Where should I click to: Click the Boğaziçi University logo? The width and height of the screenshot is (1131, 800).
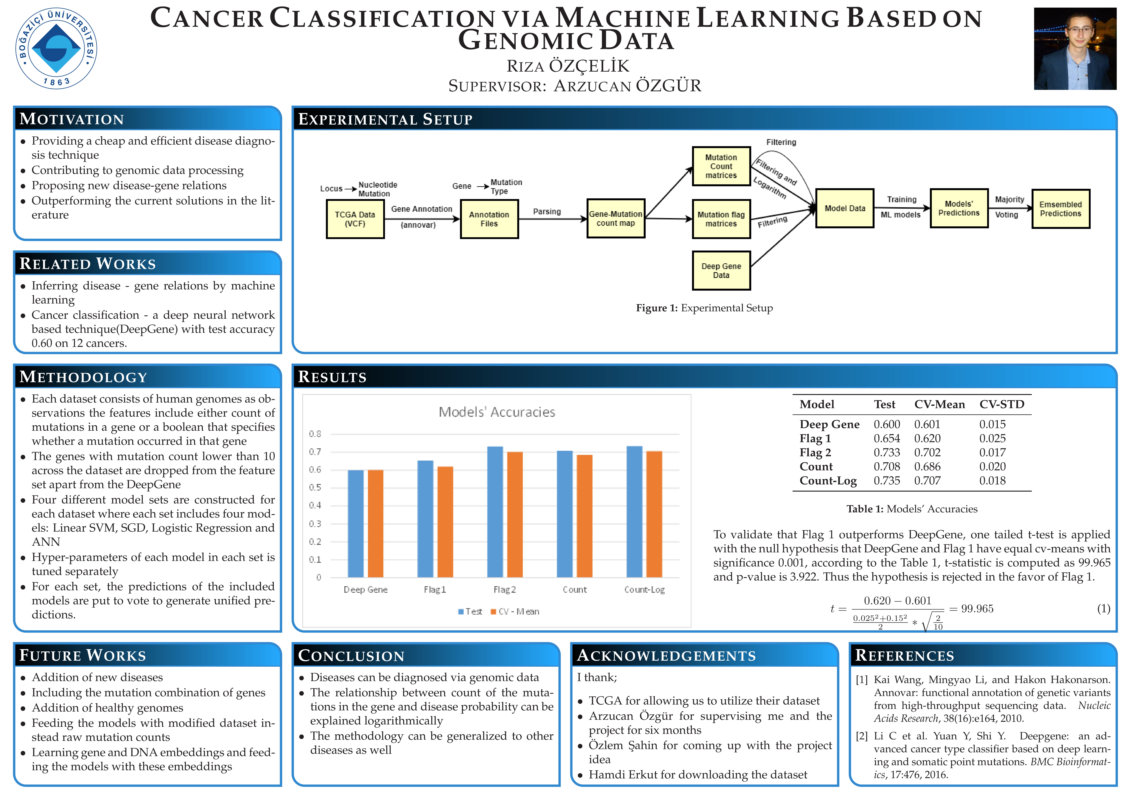click(x=56, y=48)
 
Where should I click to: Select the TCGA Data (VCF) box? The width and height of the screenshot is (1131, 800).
click(x=355, y=219)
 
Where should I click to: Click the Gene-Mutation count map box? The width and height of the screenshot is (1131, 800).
click(x=616, y=219)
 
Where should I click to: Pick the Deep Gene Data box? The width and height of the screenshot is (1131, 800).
click(x=721, y=270)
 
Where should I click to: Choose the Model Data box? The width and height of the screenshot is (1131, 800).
click(x=845, y=208)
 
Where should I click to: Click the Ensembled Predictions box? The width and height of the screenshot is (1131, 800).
click(x=1061, y=209)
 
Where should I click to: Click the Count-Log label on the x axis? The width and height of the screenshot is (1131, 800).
click(x=644, y=590)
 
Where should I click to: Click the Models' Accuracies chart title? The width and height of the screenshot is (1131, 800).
click(x=497, y=412)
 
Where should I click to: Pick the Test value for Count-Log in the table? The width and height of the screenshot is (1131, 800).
click(x=887, y=481)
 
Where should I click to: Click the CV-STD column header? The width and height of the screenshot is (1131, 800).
click(x=1001, y=404)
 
